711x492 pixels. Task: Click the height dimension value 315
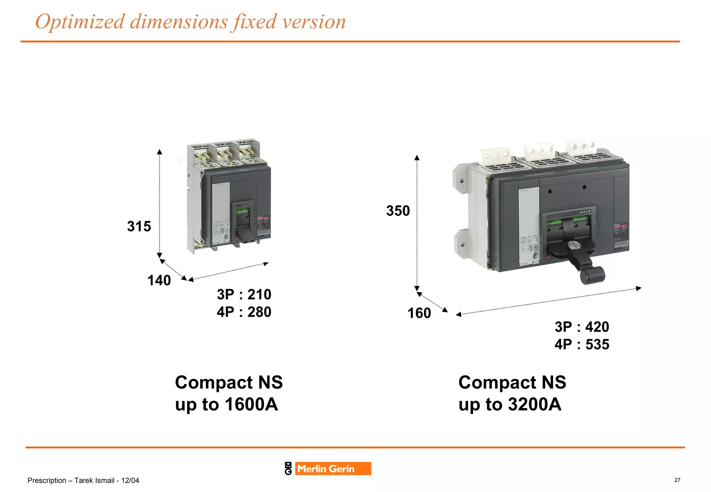(139, 226)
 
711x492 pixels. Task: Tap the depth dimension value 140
(159, 280)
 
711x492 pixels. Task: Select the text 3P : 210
(244, 295)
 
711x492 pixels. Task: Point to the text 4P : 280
(244, 312)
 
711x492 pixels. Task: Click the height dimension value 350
(398, 211)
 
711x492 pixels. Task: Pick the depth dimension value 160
(419, 313)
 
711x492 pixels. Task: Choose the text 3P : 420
(582, 327)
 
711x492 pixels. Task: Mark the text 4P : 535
(582, 345)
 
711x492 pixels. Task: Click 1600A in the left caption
(251, 405)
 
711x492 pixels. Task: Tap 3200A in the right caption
(535, 405)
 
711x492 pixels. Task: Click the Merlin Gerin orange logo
(333, 469)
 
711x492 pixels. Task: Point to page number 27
(677, 480)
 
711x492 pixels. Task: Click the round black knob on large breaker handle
(593, 275)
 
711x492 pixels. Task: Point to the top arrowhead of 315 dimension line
(159, 152)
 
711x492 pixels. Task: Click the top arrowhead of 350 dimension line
(417, 158)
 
